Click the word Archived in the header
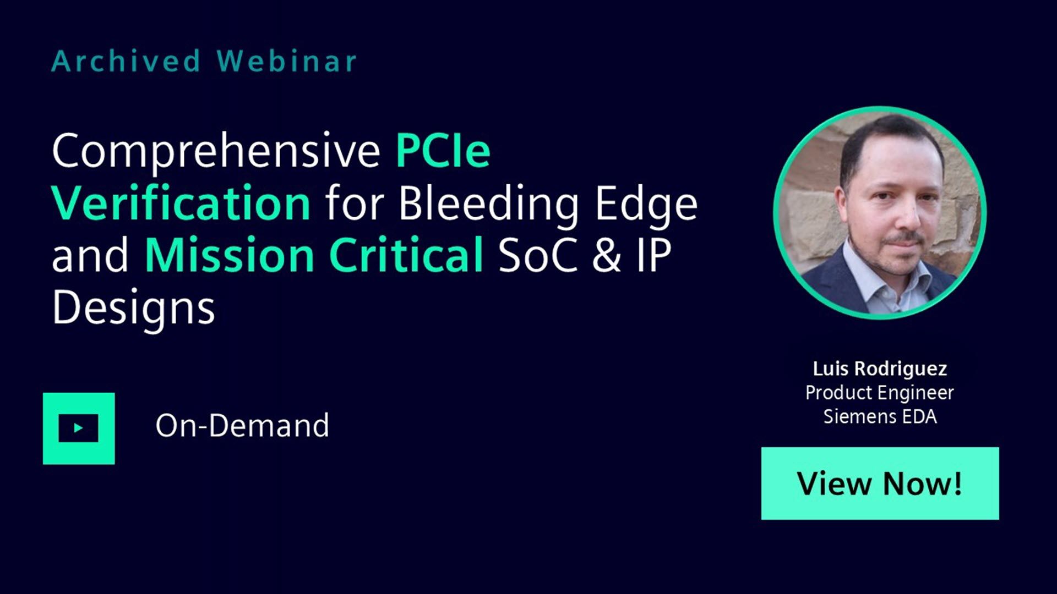point(126,61)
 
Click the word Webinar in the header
point(287,61)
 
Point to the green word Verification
point(182,202)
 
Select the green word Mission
point(229,255)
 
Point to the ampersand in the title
point(607,255)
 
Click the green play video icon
point(79,428)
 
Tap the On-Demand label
point(242,426)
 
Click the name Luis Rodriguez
point(880,369)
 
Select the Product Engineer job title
point(880,393)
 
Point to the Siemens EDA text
point(880,416)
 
